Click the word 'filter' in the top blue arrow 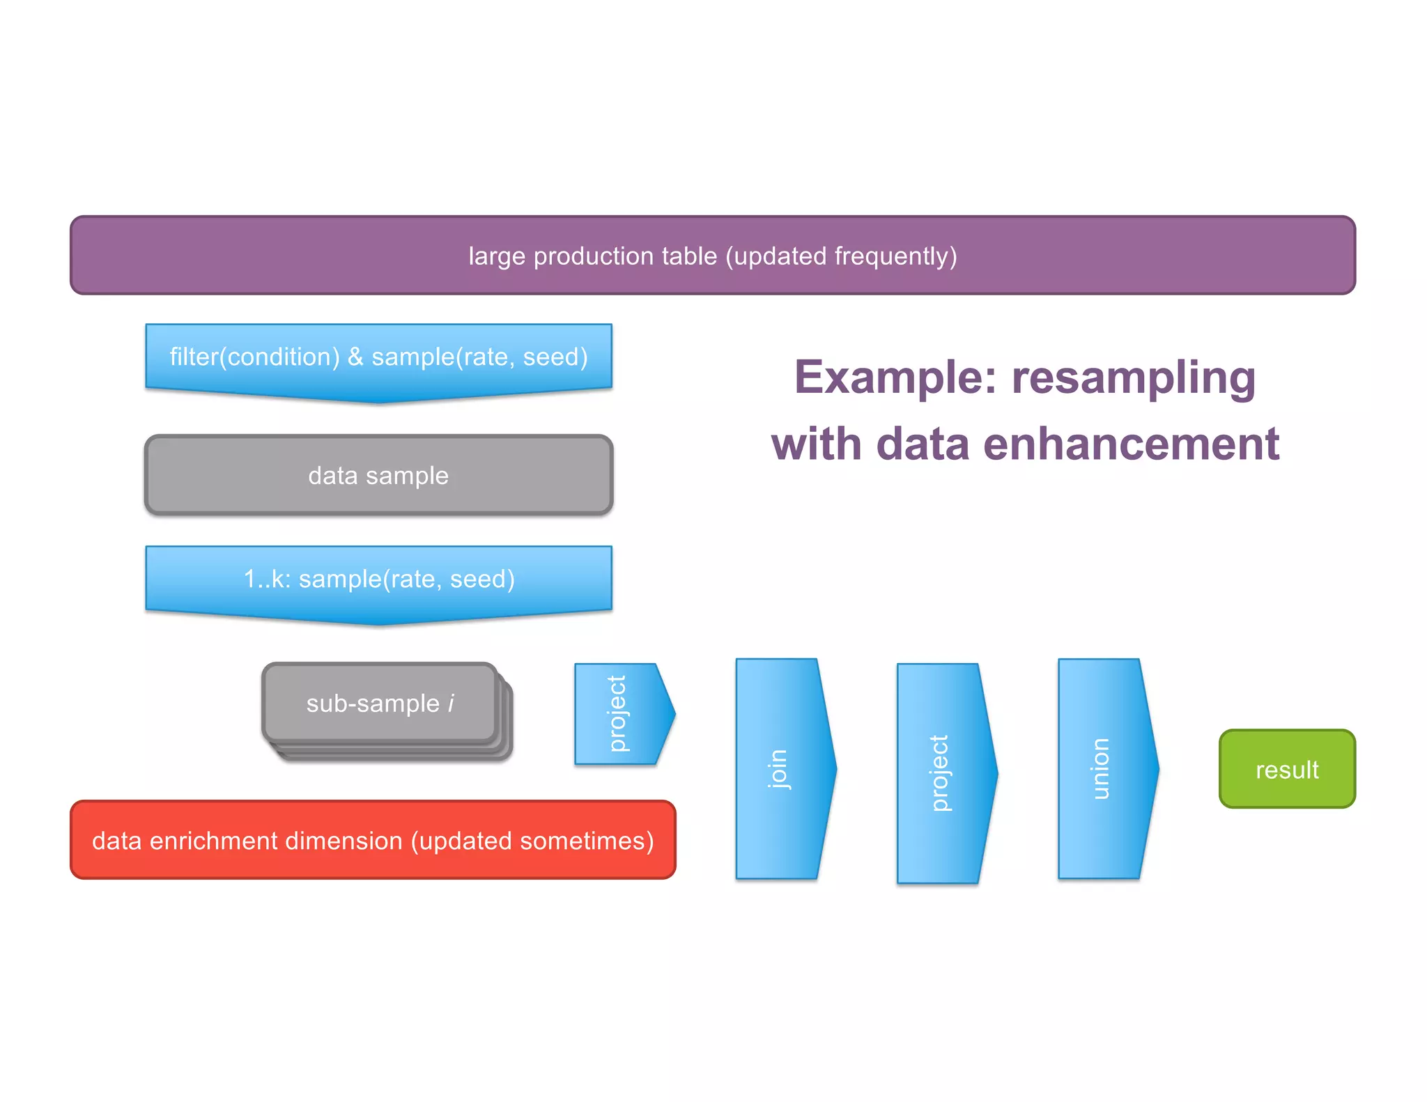(194, 357)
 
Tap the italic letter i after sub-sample (451, 704)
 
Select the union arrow (1103, 768)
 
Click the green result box (1287, 769)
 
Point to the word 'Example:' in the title (895, 378)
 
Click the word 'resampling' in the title (1134, 378)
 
